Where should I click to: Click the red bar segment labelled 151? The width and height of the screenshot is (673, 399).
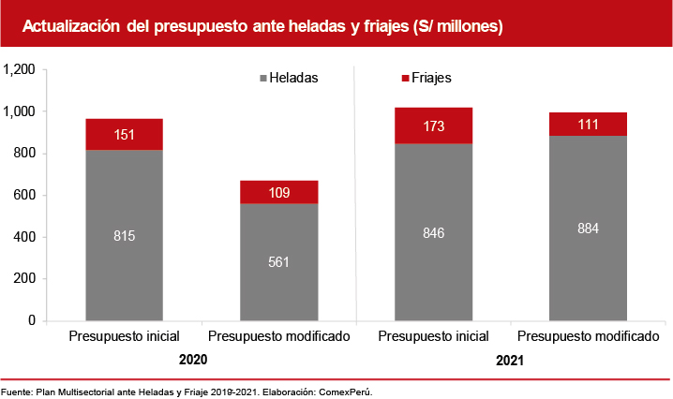click(x=125, y=134)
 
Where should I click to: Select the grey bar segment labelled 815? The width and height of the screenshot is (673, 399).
click(x=125, y=235)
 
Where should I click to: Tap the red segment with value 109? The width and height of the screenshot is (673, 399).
click(x=278, y=192)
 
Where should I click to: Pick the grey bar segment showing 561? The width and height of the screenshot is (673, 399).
click(x=278, y=261)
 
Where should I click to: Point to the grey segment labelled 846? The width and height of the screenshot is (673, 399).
click(x=433, y=231)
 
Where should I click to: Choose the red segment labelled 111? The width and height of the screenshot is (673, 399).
click(x=588, y=125)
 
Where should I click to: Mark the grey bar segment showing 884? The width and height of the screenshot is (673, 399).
click(x=588, y=228)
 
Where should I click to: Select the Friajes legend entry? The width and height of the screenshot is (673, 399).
click(x=426, y=79)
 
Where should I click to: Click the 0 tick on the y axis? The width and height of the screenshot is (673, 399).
click(x=31, y=321)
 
